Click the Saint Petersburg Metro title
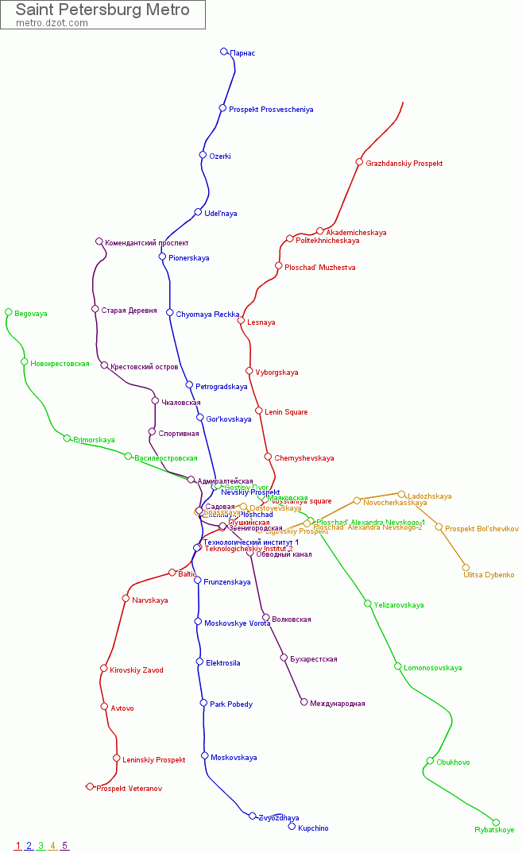(102, 10)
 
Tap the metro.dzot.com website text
(52, 23)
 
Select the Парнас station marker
(224, 52)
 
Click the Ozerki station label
(220, 156)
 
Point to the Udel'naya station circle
(198, 212)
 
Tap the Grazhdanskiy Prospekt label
(404, 164)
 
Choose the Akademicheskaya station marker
(320, 231)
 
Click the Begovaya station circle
(9, 312)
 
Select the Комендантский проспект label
(147, 243)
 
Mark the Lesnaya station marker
(241, 321)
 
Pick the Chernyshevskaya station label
(304, 458)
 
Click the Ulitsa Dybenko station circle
(466, 567)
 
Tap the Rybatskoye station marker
(497, 822)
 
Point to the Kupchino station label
(313, 828)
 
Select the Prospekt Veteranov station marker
(90, 786)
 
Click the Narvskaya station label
(150, 600)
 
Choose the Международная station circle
(304, 701)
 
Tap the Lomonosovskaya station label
(432, 668)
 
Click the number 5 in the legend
(64, 846)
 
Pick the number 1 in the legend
(17, 846)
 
